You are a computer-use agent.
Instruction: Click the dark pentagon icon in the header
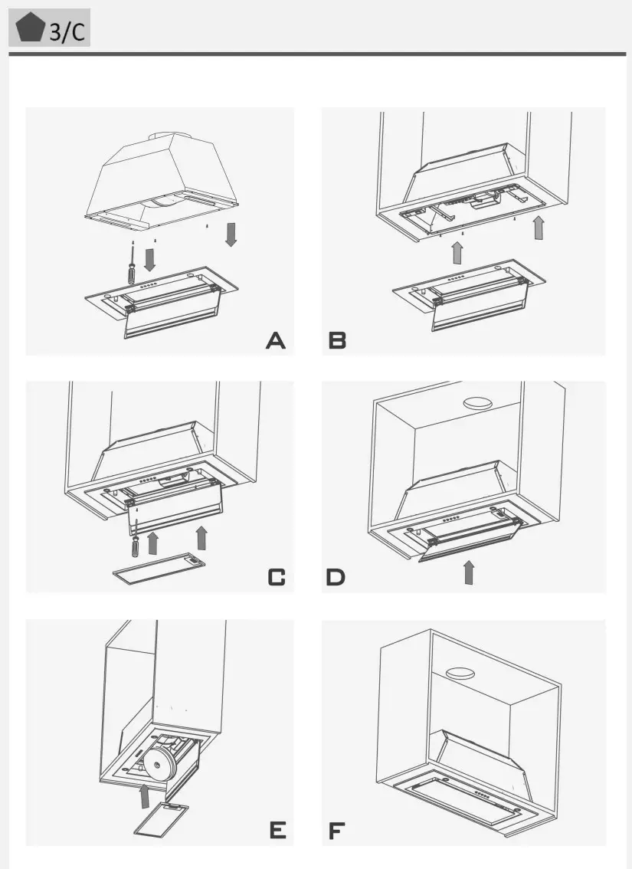pyautogui.click(x=31, y=28)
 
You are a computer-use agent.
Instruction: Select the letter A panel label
pyautogui.click(x=276, y=340)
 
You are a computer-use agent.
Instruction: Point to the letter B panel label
pyautogui.click(x=337, y=340)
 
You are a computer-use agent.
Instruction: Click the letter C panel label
pyautogui.click(x=276, y=577)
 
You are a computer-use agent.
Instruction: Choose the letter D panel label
pyautogui.click(x=336, y=577)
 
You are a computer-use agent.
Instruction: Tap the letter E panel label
pyautogui.click(x=277, y=830)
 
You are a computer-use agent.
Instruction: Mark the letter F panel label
pyautogui.click(x=336, y=830)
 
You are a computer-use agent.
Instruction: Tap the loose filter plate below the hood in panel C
pyautogui.click(x=159, y=566)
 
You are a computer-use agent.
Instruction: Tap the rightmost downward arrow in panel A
pyautogui.click(x=231, y=234)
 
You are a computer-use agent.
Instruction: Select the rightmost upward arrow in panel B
pyautogui.click(x=539, y=228)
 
